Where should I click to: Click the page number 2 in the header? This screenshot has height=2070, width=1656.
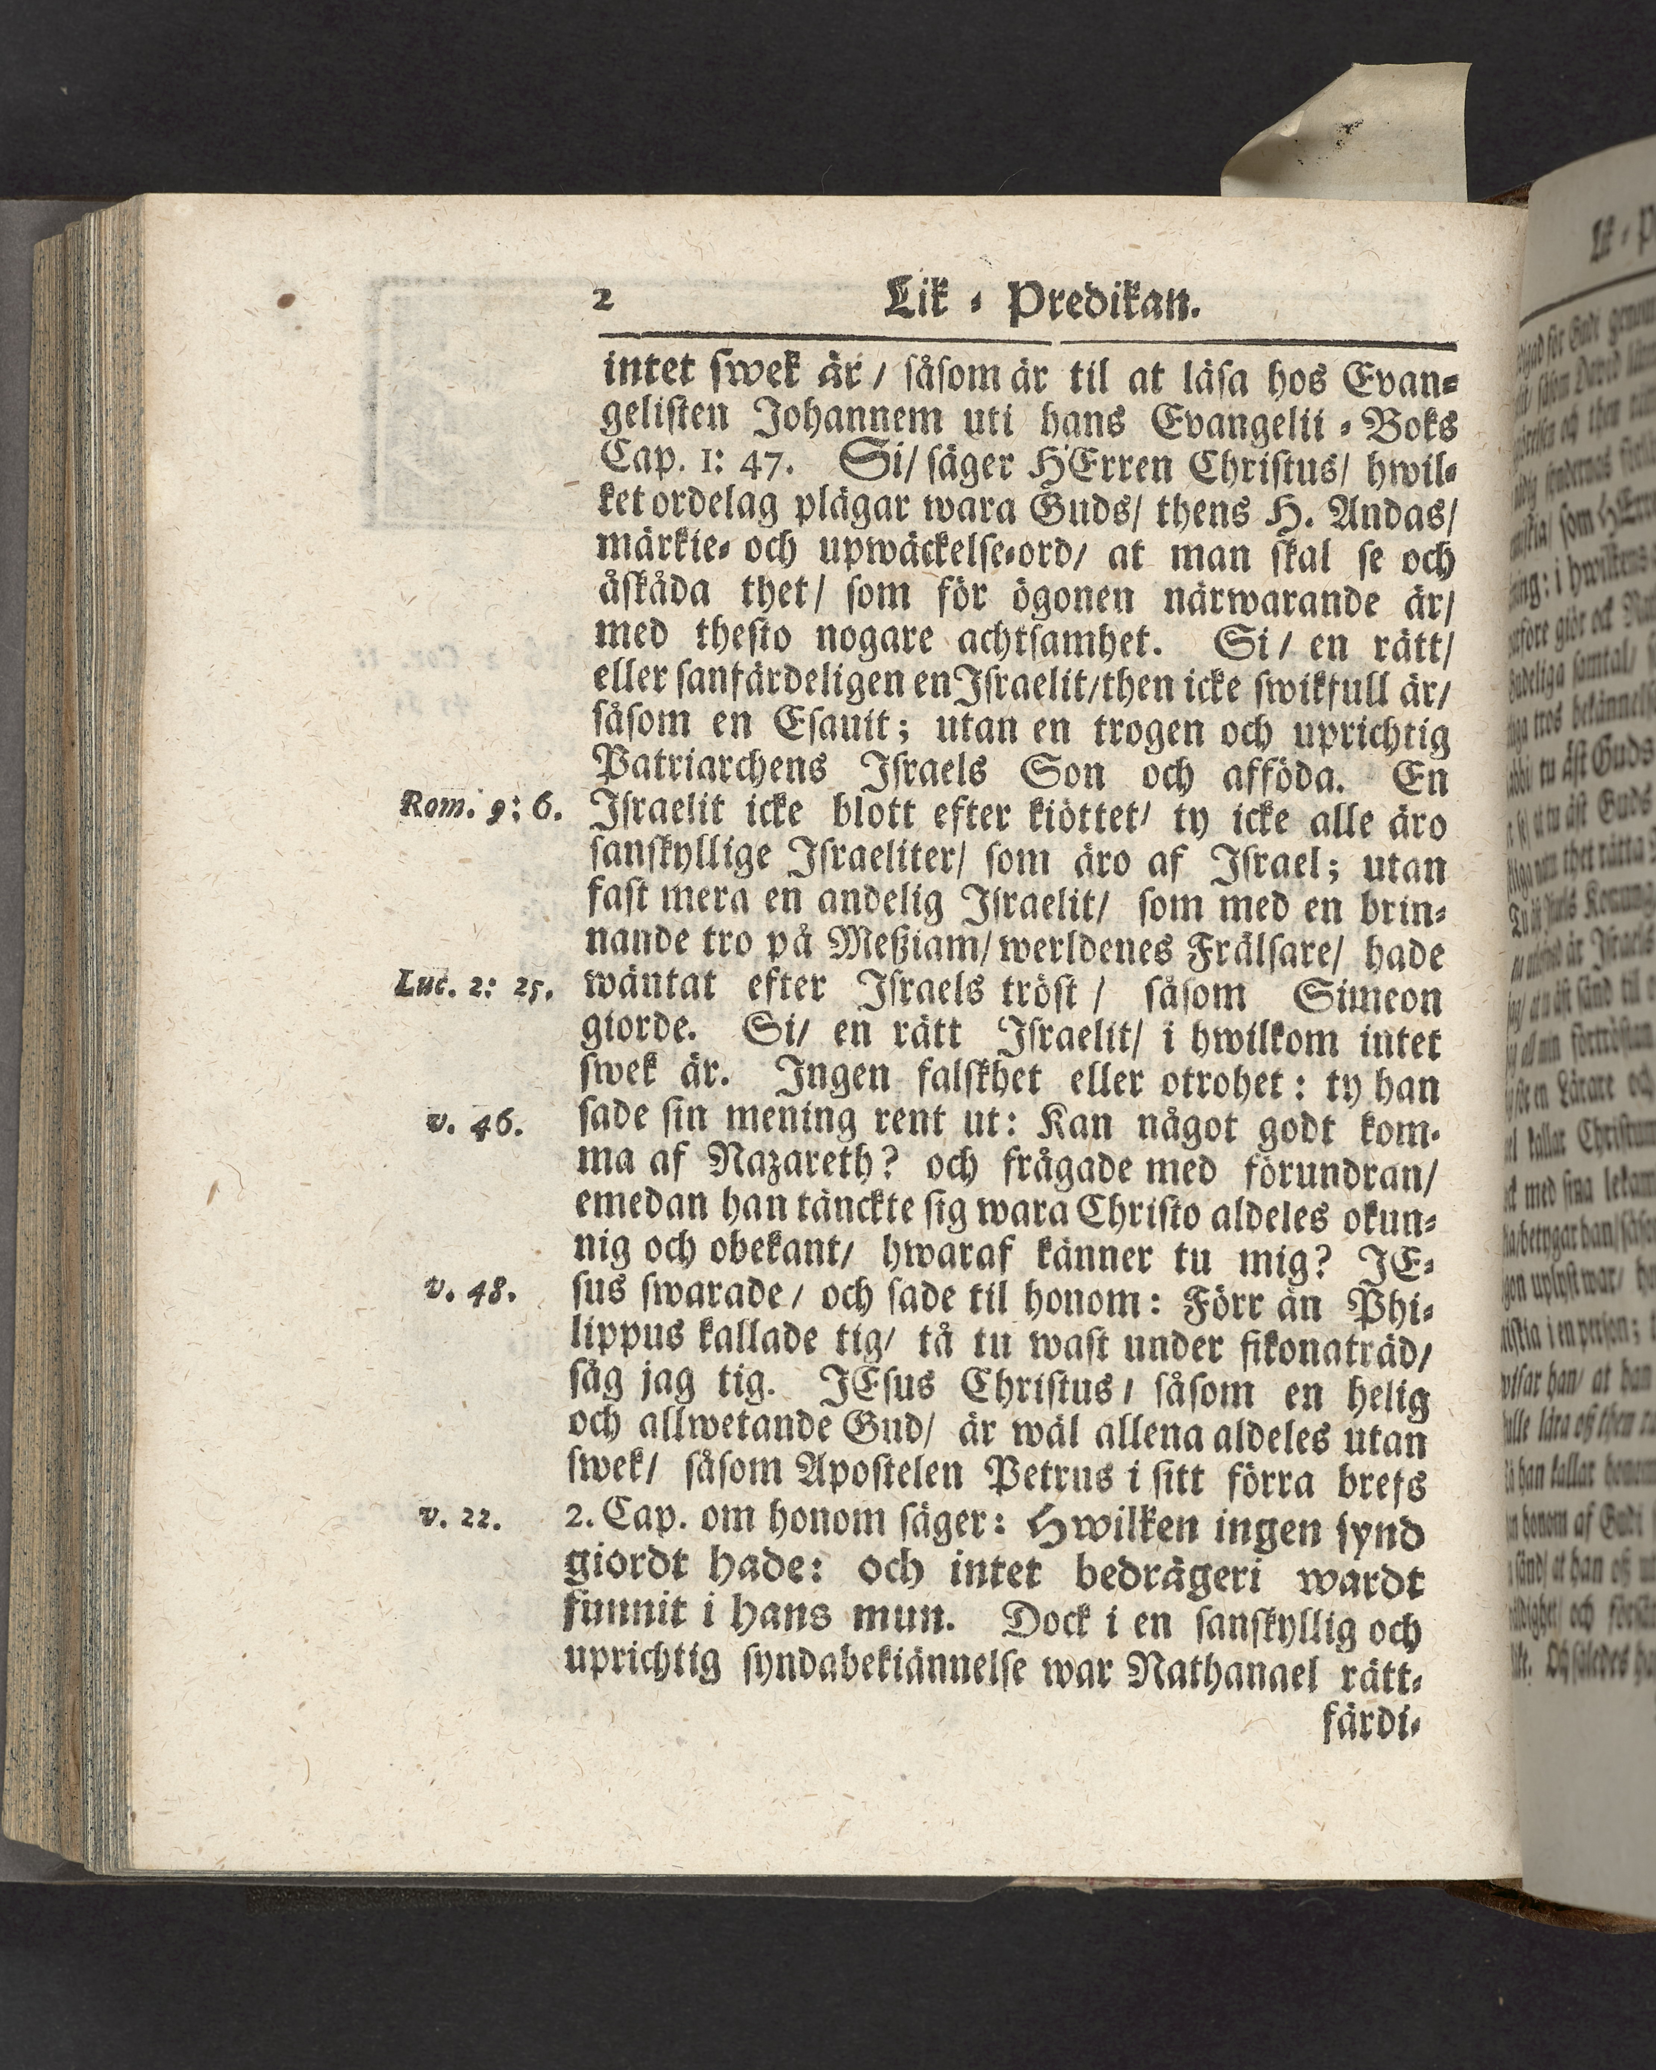604,299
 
